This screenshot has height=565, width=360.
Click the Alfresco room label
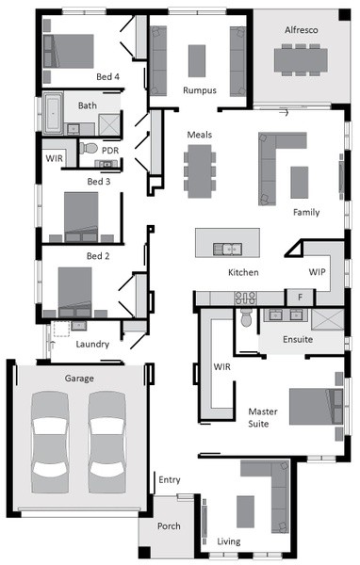coord(302,30)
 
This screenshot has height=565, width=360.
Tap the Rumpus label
coord(200,90)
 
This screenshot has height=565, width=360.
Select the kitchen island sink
coord(227,249)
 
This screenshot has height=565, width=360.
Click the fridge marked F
coord(300,298)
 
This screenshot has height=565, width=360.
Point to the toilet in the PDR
coord(89,148)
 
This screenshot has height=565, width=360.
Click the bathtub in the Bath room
coord(53,112)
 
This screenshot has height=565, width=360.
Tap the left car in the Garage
coord(50,443)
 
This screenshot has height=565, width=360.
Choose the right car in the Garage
coord(107,443)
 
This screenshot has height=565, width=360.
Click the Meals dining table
coord(200,171)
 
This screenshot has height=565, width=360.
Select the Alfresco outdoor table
coord(301,60)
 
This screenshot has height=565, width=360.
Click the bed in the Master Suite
coord(316,406)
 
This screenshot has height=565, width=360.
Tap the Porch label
coord(169,526)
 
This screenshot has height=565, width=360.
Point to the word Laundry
coord(92,344)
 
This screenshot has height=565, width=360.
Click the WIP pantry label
coord(317,272)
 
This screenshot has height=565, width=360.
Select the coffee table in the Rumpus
coord(197,61)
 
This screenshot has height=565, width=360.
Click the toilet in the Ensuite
coord(246,317)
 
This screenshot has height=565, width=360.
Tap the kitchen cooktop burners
coord(246,299)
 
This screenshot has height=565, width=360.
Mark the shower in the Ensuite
coord(328,319)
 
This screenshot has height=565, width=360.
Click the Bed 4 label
coord(107,77)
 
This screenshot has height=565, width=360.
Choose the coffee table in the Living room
coord(245,511)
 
